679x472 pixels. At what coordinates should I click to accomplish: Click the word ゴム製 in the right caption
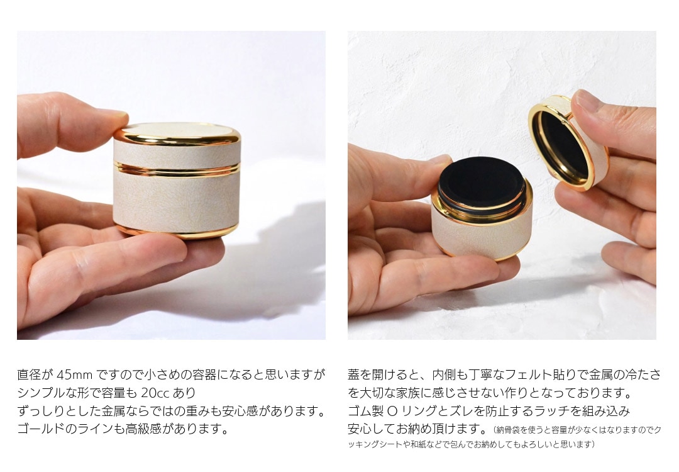coord(365,411)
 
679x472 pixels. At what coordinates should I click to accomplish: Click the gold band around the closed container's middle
coord(177,170)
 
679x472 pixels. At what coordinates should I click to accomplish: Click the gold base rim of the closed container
coord(177,232)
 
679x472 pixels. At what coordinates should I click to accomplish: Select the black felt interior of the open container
coord(482,177)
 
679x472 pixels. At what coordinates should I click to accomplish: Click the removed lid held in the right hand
coord(568,143)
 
